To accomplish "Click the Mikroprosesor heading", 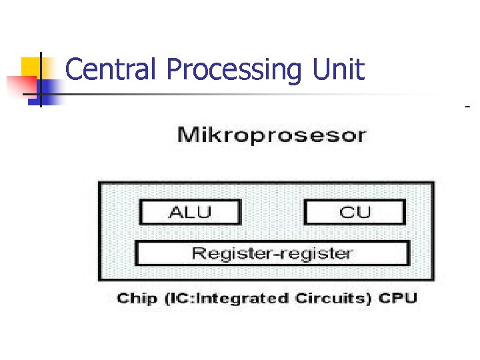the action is pyautogui.click(x=271, y=136).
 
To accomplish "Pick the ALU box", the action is pyautogui.click(x=190, y=213).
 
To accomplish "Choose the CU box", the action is pyautogui.click(x=355, y=213).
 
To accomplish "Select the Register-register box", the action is pyautogui.click(x=272, y=253).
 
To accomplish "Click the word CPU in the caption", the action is pyautogui.click(x=398, y=298).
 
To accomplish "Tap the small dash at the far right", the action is pyautogui.click(x=467, y=106).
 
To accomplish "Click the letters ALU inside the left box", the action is pyautogui.click(x=190, y=213).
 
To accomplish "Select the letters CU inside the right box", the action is pyautogui.click(x=355, y=213).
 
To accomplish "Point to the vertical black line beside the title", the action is pyautogui.click(x=41, y=79).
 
